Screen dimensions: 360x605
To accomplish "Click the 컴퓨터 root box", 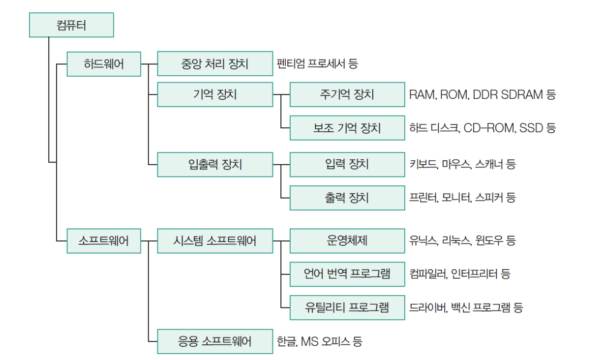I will click(x=71, y=25).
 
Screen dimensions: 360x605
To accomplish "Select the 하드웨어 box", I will click(x=104, y=64).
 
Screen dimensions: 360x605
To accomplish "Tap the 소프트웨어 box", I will click(x=104, y=241).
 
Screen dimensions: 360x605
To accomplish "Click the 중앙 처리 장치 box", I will click(x=215, y=64).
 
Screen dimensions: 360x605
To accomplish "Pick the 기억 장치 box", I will click(x=215, y=94).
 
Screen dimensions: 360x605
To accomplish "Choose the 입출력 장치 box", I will click(x=215, y=164).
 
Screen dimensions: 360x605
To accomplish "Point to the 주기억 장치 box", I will click(x=347, y=94).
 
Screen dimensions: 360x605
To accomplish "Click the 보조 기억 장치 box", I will click(x=347, y=128).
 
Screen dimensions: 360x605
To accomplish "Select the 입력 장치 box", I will click(x=347, y=164).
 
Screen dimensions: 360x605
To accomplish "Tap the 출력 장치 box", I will click(x=347, y=198).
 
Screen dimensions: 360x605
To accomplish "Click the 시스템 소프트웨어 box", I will click(x=215, y=241).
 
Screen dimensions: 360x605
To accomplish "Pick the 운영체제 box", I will click(x=347, y=241).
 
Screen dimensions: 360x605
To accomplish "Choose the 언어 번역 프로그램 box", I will click(x=347, y=274).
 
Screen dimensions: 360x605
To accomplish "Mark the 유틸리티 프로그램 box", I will click(x=347, y=308).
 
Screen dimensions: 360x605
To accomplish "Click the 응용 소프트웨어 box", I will click(x=215, y=341).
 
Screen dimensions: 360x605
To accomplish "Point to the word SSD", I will click(x=530, y=128).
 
